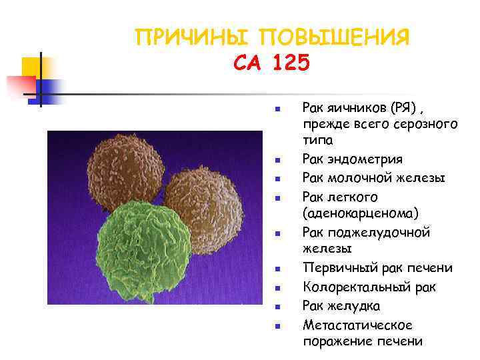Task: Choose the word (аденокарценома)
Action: tap(361, 213)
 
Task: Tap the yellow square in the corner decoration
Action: tap(33, 67)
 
